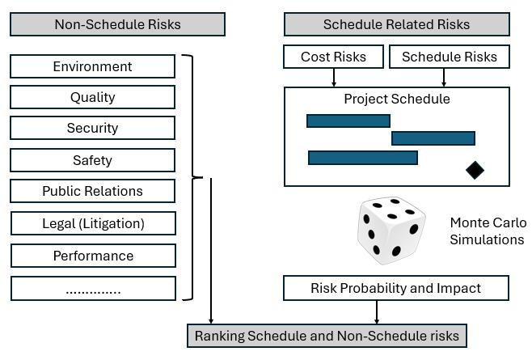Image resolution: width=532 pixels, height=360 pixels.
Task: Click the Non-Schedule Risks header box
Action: (117, 24)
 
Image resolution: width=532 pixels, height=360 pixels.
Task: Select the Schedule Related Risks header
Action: (397, 24)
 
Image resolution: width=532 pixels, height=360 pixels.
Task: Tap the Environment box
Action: (93, 66)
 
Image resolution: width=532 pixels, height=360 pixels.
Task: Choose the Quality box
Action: (93, 97)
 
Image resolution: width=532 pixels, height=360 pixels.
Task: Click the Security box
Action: (93, 128)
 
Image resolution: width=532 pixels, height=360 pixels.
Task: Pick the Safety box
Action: (93, 160)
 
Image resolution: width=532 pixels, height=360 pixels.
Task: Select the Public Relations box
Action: (93, 191)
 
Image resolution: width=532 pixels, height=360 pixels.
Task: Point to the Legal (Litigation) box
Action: (93, 223)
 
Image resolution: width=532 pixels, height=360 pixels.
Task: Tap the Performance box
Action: (93, 256)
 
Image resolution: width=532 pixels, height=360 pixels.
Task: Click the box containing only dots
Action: (93, 288)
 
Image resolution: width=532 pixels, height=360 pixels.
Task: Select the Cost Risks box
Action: (334, 57)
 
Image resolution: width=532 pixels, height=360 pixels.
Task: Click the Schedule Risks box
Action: (450, 57)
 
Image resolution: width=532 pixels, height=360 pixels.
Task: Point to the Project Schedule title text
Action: (397, 99)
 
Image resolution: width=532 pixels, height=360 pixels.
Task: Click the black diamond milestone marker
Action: (475, 170)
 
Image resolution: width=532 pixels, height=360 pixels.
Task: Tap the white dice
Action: (391, 231)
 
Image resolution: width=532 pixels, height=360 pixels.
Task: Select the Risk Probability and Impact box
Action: (396, 288)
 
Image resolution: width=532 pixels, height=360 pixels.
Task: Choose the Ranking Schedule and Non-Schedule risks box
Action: (327, 336)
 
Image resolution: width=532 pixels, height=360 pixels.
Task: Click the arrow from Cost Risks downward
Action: (334, 78)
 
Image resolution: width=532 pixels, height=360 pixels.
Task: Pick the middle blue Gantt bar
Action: (433, 138)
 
